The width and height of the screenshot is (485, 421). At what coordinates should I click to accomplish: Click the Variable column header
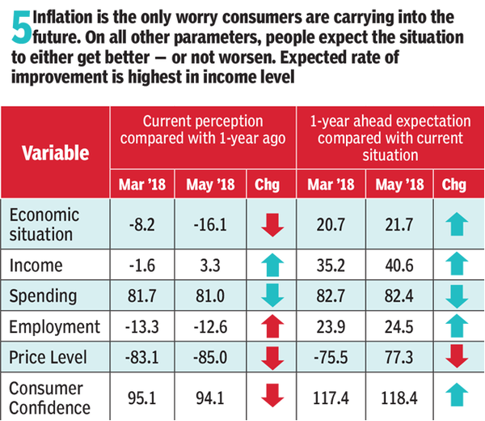click(55, 153)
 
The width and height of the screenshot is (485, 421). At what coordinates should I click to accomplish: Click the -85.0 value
click(207, 359)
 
